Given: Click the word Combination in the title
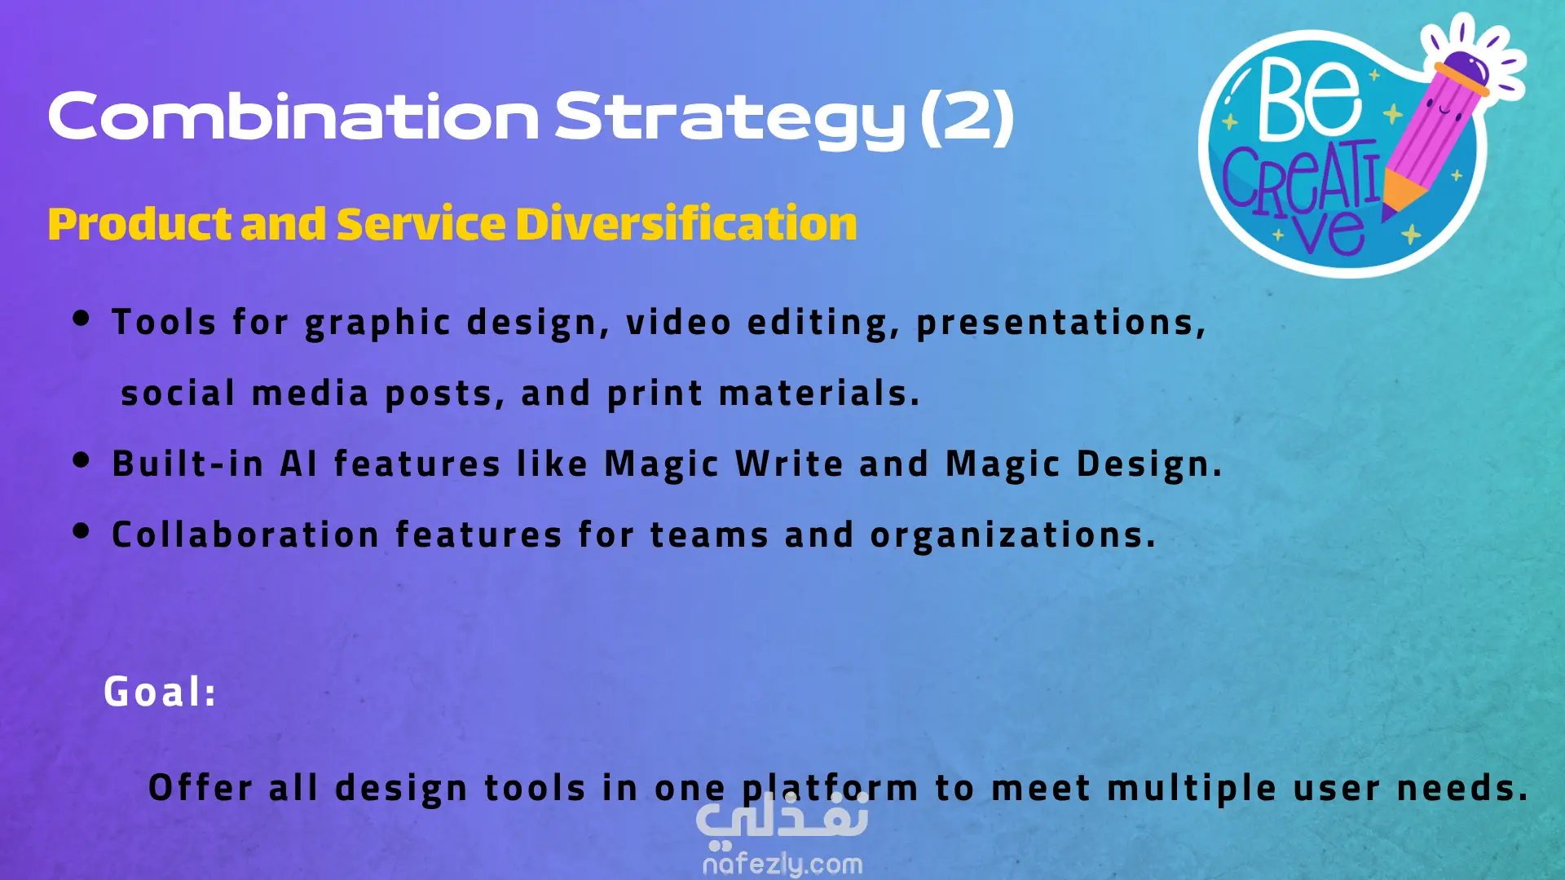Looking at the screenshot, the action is click(293, 116).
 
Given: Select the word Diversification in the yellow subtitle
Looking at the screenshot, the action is click(686, 223).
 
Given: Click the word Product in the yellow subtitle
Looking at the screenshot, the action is click(139, 223).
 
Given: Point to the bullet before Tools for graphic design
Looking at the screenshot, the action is click(81, 318).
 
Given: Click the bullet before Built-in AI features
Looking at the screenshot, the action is click(81, 460).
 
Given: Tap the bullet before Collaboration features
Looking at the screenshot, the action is click(81, 531).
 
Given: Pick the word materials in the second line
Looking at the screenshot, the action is click(819, 393).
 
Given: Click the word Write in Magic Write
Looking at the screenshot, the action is click(789, 464).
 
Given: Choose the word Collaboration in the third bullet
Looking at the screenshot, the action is click(245, 535).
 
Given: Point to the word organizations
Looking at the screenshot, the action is click(1013, 535).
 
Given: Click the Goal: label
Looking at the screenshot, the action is click(160, 691).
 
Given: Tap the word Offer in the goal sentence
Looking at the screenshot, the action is click(201, 787).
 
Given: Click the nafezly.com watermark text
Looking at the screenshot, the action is click(782, 864).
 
